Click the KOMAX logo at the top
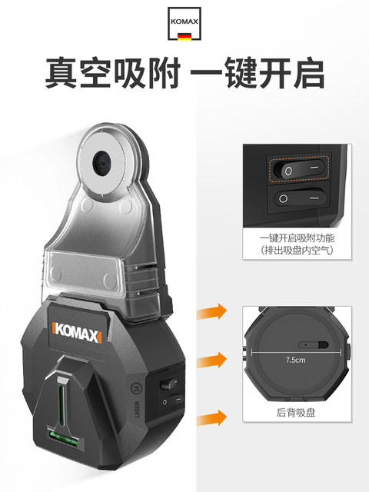[184, 20]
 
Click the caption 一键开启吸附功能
[297, 238]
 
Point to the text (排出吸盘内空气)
[297, 251]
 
